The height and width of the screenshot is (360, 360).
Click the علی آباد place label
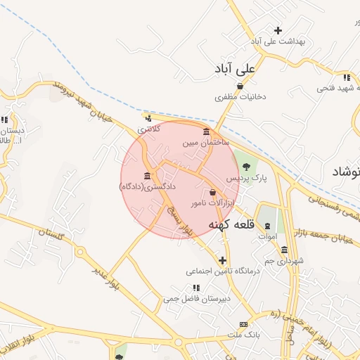point(235,70)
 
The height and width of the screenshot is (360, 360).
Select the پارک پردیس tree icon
point(245,166)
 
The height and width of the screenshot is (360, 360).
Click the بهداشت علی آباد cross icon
point(278,30)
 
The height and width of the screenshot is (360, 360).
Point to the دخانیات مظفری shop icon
point(240,86)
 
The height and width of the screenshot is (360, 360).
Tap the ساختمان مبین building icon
point(206,131)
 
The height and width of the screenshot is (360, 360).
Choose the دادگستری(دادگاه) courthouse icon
point(147,175)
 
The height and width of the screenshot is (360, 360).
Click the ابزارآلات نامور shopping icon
point(212,192)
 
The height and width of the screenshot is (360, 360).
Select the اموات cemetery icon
point(267,226)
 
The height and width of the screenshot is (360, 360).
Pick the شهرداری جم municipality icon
point(284,250)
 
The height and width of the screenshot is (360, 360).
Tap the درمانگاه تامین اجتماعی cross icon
point(223,259)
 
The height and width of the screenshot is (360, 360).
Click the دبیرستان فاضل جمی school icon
point(196,287)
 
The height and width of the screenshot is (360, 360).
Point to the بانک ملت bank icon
point(243,324)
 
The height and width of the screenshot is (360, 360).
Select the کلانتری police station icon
point(148,118)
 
